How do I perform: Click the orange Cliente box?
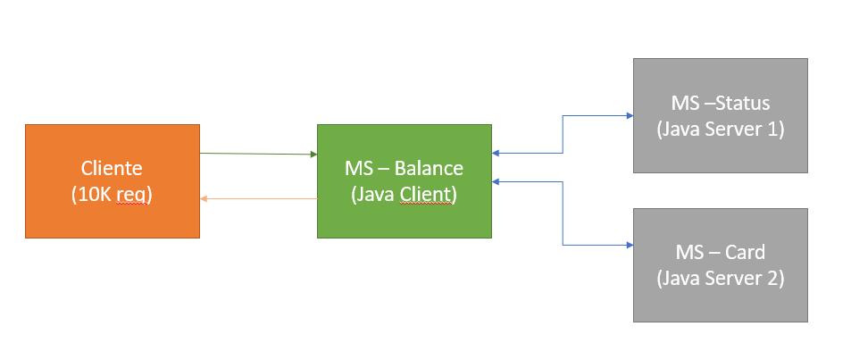pyautogui.click(x=113, y=180)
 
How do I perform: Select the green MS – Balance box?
pyautogui.click(x=405, y=180)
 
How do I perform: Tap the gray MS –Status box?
pyautogui.click(x=721, y=115)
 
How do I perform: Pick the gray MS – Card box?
pyautogui.click(x=721, y=265)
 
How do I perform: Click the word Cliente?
pyautogui.click(x=112, y=168)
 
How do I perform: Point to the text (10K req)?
pyautogui.click(x=112, y=195)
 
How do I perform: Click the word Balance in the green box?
pyautogui.click(x=429, y=168)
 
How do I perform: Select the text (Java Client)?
pyautogui.click(x=405, y=195)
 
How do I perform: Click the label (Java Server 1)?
pyautogui.click(x=721, y=130)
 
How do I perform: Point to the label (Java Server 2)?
pyautogui.click(x=721, y=279)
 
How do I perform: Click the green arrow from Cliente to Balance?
pyautogui.click(x=258, y=155)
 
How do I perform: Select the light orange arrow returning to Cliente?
pyautogui.click(x=258, y=198)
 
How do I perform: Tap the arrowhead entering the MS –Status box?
pyautogui.click(x=630, y=115)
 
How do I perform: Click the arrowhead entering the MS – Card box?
pyautogui.click(x=630, y=246)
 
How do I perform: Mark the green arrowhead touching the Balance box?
pyautogui.click(x=313, y=155)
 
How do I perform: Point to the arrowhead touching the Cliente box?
pyautogui.click(x=204, y=198)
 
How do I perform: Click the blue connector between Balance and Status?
pyautogui.click(x=563, y=135)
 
